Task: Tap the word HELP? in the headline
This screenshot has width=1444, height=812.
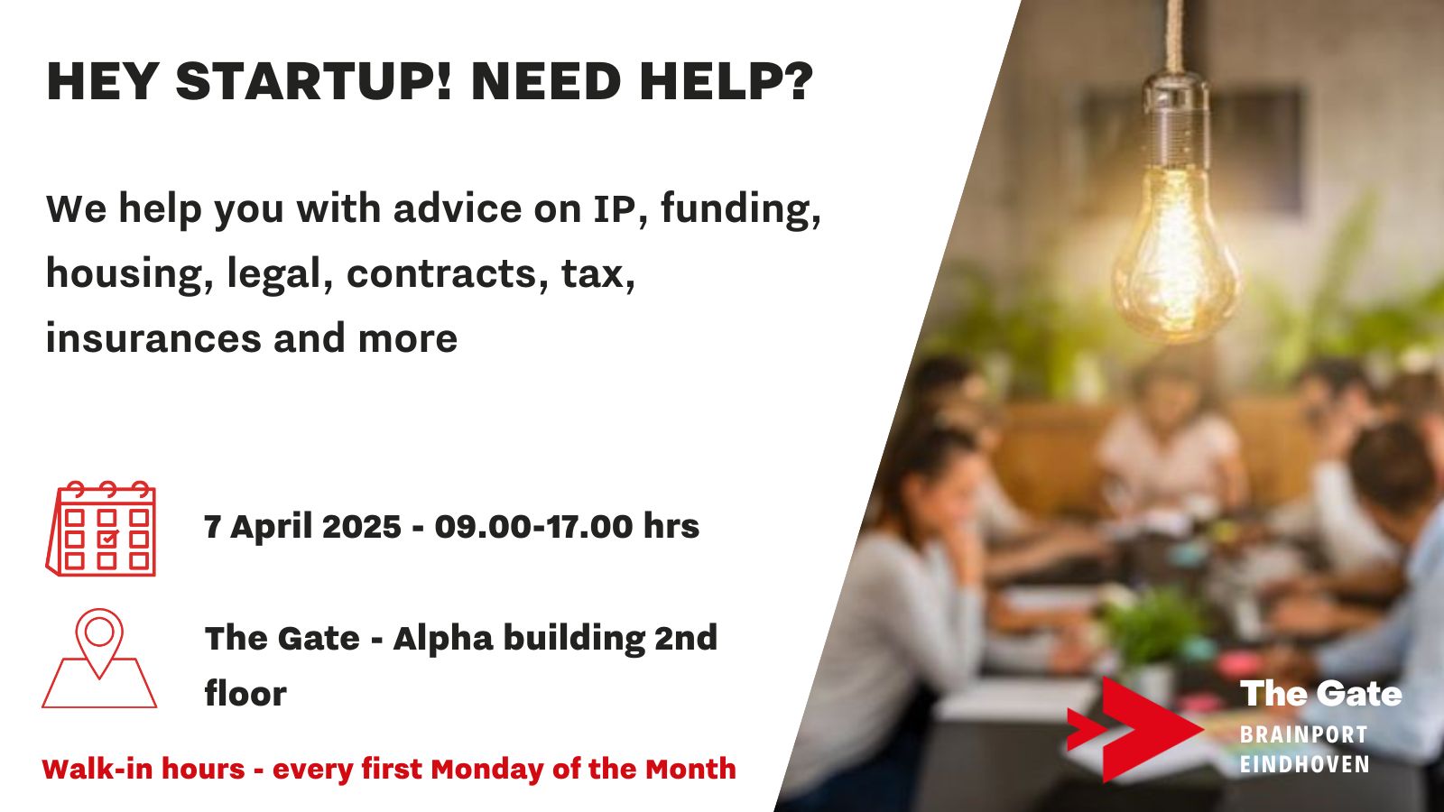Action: (727, 82)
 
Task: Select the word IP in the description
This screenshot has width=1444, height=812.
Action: (619, 208)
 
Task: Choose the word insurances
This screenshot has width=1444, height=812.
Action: (152, 337)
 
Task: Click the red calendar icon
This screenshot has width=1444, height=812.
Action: (101, 529)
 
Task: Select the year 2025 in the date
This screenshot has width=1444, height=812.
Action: (361, 527)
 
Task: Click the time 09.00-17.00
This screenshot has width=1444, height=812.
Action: (533, 527)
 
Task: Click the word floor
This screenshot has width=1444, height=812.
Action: (245, 694)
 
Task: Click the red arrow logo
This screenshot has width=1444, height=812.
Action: (1134, 729)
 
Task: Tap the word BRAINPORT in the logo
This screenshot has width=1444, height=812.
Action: (1303, 734)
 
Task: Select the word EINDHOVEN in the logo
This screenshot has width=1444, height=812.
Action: (1305, 764)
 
